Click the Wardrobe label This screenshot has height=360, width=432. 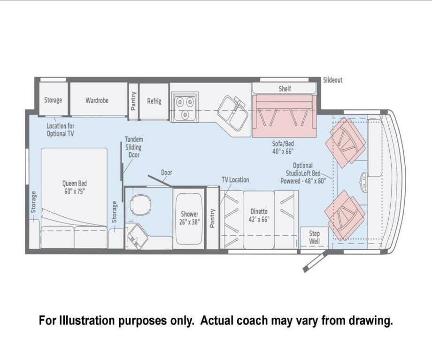coord(97,100)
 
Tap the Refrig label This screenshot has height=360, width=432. coord(154,101)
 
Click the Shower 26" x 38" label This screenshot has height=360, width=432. coord(189,218)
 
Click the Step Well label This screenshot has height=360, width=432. coord(314,237)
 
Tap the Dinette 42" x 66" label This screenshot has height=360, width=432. coord(259,215)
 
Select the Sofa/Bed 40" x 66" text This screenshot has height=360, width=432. coord(283,147)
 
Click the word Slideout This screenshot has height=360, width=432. coord(332,80)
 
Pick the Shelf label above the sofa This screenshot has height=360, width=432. coord(285,89)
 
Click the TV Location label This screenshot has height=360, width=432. coord(235,180)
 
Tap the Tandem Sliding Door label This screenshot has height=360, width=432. coord(134,147)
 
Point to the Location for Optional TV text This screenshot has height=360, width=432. coord(60,130)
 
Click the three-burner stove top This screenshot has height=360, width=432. coord(185,107)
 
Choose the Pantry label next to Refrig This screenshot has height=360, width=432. coord(133,101)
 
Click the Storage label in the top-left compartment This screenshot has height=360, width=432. coord(53,100)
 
